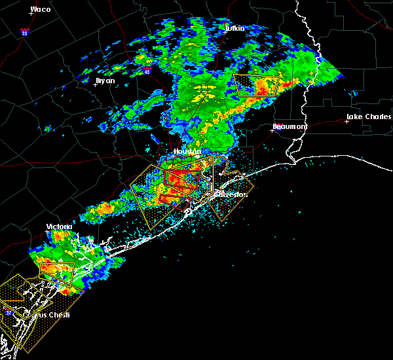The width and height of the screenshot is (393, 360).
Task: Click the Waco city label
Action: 41,9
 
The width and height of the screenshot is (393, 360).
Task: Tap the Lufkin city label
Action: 234,29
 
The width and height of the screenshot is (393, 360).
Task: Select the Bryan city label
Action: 105,81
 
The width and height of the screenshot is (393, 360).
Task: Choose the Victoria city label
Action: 58,226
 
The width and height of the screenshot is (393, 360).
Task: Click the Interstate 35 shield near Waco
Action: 24,31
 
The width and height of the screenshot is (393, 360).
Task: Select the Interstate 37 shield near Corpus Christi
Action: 9,313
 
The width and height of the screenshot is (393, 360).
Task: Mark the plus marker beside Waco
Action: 31,14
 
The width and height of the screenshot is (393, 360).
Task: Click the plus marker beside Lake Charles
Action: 346,121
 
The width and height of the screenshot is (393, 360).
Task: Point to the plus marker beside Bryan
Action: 96,84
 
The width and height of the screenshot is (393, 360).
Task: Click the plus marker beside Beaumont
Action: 272,130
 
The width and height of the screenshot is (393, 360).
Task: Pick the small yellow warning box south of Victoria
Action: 57,271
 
